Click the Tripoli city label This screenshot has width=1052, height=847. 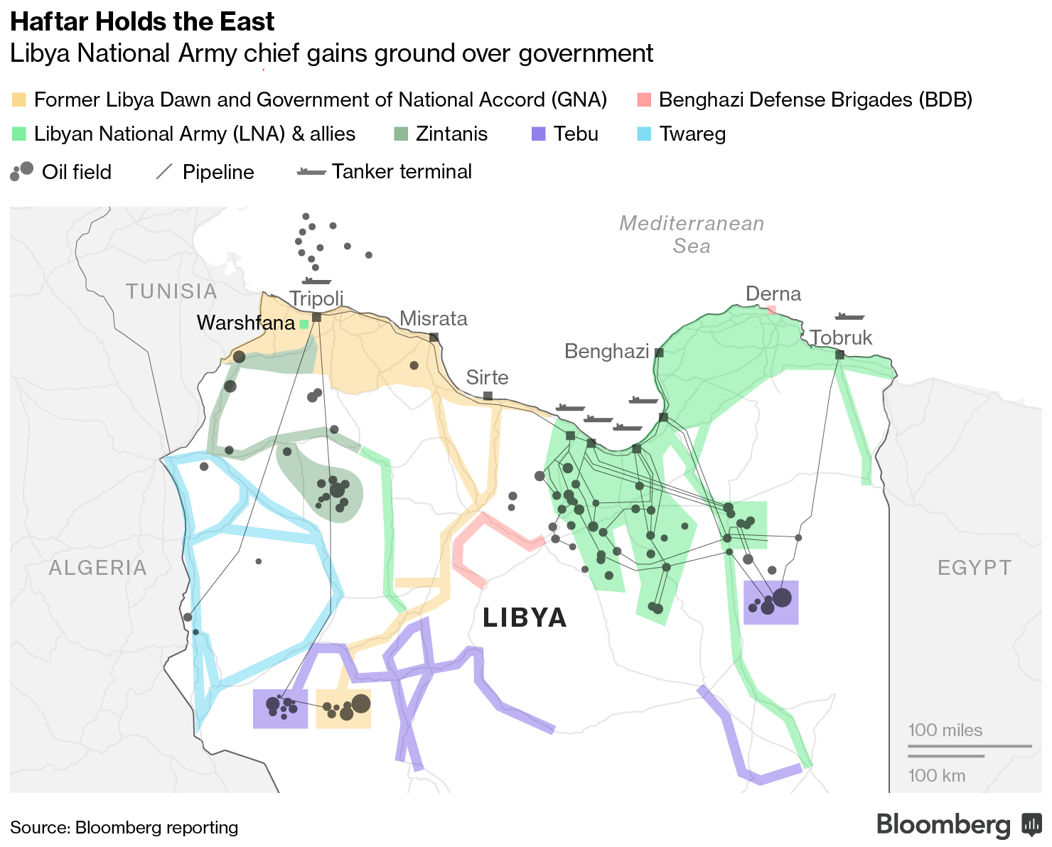click(316, 298)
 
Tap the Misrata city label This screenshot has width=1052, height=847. click(434, 318)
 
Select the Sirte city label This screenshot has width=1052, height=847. click(487, 377)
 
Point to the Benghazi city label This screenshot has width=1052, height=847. click(606, 351)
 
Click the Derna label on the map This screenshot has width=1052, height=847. click(773, 293)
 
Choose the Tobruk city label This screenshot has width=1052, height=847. click(841, 338)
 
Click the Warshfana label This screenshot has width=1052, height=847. click(245, 323)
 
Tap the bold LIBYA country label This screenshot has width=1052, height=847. click(525, 617)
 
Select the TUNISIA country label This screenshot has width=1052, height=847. click(171, 291)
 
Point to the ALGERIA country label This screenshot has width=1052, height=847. click(98, 568)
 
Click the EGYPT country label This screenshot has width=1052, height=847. click(974, 568)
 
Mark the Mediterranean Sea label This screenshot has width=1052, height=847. click(692, 234)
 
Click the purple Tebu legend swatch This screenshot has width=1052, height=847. click(539, 134)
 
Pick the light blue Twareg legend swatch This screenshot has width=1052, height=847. click(644, 134)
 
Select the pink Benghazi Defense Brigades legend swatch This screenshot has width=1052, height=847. click(643, 99)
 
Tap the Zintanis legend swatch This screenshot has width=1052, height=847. click(401, 134)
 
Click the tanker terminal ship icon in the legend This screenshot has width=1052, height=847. click(311, 172)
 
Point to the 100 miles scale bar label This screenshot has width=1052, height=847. click(945, 730)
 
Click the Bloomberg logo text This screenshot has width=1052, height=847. click(943, 825)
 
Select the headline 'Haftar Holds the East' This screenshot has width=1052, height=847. click(142, 22)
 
